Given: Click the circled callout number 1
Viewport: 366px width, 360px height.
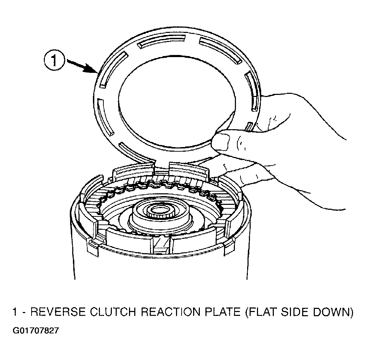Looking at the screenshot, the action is coord(54,61).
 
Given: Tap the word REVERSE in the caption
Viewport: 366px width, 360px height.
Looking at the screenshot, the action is coord(58,312).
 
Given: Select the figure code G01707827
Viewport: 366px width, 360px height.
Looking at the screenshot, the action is coord(36,331).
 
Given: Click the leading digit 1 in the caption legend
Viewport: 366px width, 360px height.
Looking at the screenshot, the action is coord(15,312).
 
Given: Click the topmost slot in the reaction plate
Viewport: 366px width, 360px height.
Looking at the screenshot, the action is coord(162,41).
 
